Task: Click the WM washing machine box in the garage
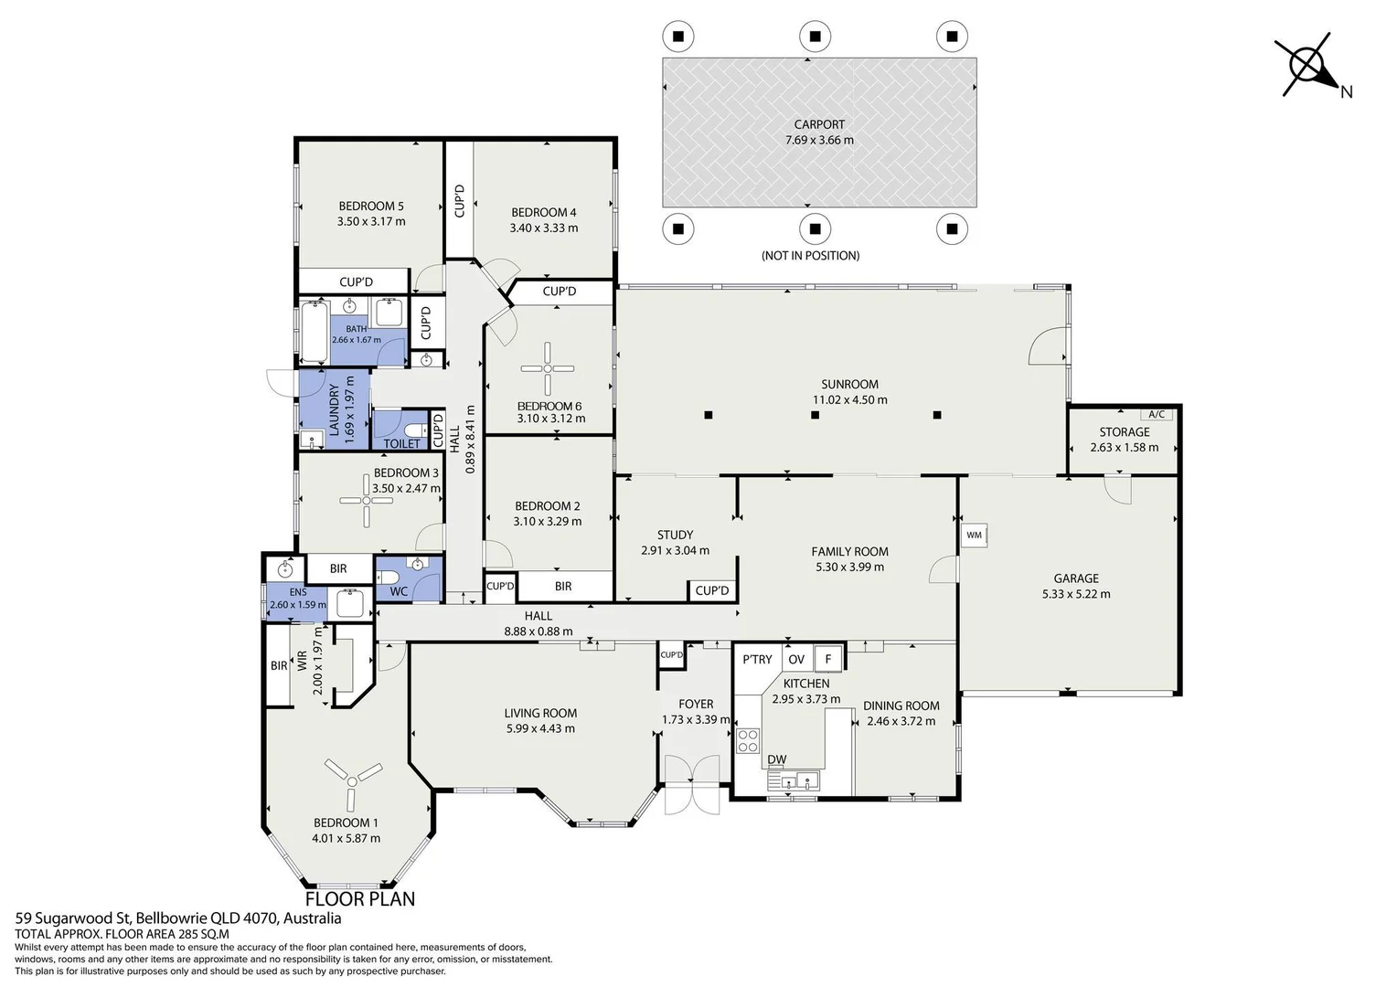coord(975,535)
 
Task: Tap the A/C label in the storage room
coord(1157,415)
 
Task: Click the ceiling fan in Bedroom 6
coord(548,369)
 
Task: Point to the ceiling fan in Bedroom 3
coord(367,500)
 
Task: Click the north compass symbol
coord(1309,66)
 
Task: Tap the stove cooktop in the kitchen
coord(748,741)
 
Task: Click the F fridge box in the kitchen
coord(828,659)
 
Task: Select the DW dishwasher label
coord(776,759)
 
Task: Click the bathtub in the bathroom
coord(315,332)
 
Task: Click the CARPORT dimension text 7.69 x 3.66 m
coord(819,141)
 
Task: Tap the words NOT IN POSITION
coord(810,256)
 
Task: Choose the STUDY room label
coord(675,535)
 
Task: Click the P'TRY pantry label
coord(757,660)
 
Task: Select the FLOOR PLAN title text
coord(360,899)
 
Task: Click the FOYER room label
coord(696,704)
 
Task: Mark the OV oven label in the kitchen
coord(796,660)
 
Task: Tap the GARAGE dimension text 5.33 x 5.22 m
coord(1076,594)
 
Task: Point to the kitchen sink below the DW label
coord(794,780)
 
